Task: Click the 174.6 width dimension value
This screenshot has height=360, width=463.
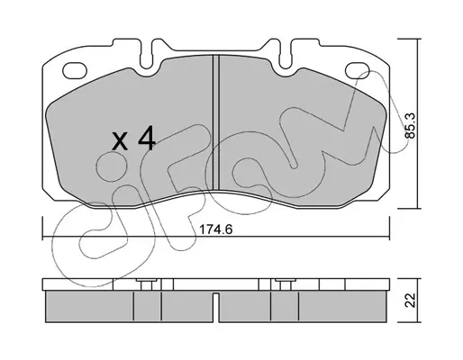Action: click(216, 229)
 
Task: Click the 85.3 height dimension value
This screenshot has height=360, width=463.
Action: click(410, 125)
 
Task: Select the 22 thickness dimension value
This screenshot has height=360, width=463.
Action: click(410, 300)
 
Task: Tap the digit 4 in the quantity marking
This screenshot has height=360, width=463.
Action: click(146, 138)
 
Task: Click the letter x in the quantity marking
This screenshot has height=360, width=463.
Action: click(120, 141)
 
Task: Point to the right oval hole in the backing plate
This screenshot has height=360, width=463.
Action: click(358, 69)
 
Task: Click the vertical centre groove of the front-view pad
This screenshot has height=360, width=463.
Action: click(216, 122)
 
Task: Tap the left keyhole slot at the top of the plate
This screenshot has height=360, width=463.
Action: click(147, 56)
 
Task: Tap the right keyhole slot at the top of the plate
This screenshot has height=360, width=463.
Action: click(286, 56)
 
